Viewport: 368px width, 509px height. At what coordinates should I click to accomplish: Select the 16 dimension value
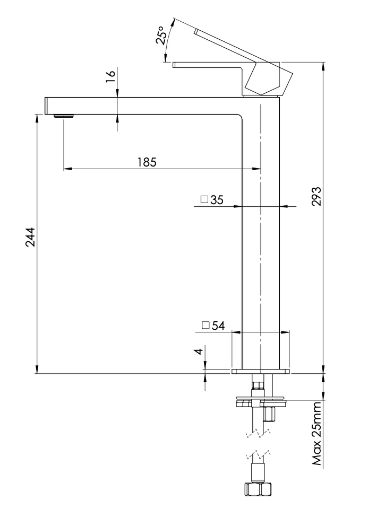click(110, 76)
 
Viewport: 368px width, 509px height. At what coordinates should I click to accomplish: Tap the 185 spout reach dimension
click(147, 162)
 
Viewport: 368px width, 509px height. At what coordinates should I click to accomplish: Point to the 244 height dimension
click(31, 238)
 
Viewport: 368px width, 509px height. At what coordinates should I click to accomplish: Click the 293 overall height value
click(316, 196)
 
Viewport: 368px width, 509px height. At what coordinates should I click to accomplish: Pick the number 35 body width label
click(217, 200)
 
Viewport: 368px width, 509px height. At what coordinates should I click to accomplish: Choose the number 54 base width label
click(218, 326)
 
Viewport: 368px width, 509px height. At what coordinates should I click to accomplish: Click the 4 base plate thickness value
click(199, 351)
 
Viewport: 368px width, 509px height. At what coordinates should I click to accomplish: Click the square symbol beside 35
click(204, 199)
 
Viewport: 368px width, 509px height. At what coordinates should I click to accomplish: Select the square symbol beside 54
click(206, 325)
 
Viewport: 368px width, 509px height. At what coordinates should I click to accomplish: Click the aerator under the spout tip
click(64, 116)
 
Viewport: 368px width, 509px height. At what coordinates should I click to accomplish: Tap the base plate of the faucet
click(260, 371)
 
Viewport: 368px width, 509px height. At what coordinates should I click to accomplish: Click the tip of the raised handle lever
click(196, 31)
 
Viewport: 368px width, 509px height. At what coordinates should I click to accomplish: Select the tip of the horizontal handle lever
click(174, 65)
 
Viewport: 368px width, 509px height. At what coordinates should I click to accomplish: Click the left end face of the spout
click(45, 106)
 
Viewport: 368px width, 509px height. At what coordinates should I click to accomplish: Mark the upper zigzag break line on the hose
click(259, 433)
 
